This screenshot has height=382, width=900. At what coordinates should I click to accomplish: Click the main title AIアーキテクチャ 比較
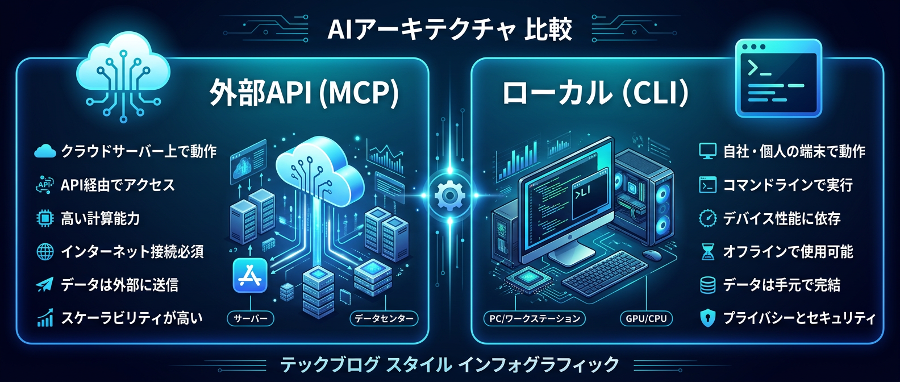coord(449,29)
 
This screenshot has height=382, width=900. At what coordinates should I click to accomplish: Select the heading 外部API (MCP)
coord(304,93)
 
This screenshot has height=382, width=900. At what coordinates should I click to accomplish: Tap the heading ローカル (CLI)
coord(595,93)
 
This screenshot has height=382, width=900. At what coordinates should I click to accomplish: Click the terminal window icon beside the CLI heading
coord(778,78)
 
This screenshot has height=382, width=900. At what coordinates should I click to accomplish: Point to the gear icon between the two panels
coord(449,196)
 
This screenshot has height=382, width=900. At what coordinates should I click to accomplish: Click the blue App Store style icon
coord(250,276)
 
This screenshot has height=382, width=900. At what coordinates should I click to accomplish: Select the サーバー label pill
coord(251,319)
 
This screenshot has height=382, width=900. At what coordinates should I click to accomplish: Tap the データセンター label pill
coord(384,319)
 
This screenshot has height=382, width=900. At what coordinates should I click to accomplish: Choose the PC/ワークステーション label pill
coord(535,319)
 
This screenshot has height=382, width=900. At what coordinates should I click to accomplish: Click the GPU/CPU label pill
coord(646,319)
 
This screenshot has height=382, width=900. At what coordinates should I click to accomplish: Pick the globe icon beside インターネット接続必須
coord(45,252)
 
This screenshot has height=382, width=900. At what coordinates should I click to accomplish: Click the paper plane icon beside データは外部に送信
coord(44,285)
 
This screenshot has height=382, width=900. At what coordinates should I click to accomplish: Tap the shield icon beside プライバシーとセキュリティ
coord(707,318)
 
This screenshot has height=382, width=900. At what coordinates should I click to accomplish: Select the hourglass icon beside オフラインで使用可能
coord(707,252)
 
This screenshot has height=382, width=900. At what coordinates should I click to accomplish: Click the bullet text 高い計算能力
coord(101,218)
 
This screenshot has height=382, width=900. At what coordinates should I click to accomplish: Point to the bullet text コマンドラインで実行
coord(788,185)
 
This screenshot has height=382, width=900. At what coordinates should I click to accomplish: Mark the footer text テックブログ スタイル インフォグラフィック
coord(449,364)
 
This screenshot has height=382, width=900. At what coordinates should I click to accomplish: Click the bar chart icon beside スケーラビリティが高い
coord(45,318)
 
